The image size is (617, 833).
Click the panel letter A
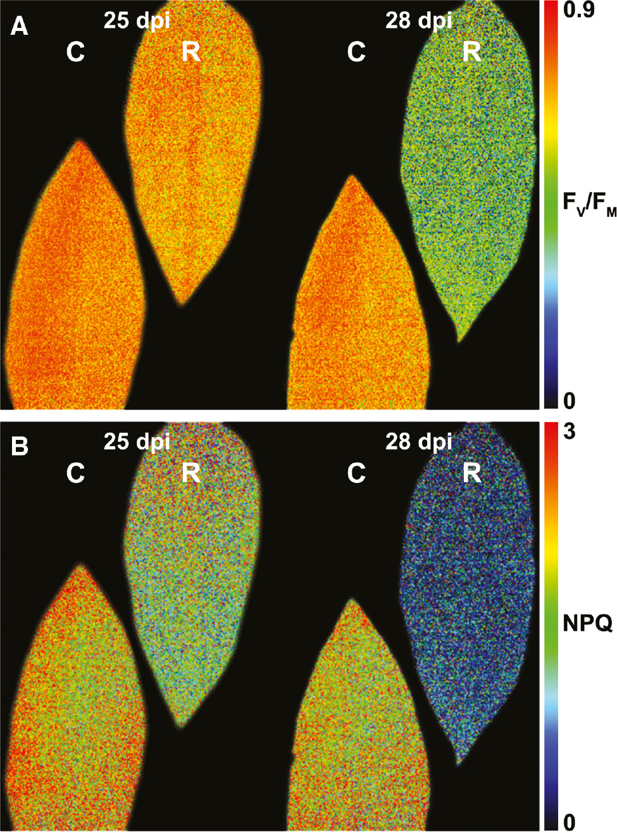(x=20, y=26)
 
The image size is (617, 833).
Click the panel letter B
(x=20, y=446)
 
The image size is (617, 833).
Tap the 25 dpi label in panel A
(x=137, y=21)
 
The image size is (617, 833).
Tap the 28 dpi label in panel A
(x=418, y=21)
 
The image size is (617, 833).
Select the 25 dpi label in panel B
(x=137, y=442)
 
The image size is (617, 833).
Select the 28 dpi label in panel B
(x=418, y=442)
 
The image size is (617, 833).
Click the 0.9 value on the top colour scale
(x=578, y=9)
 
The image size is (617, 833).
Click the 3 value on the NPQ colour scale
(x=570, y=432)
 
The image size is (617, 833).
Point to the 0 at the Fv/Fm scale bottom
(x=570, y=400)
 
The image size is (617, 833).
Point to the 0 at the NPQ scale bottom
(x=570, y=822)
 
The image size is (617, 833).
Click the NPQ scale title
(x=587, y=624)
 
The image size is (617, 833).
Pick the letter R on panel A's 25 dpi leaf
(x=190, y=52)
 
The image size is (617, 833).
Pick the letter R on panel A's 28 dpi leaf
(x=471, y=52)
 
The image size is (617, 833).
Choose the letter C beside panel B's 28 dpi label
(x=356, y=473)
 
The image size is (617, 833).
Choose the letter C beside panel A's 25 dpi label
(x=75, y=52)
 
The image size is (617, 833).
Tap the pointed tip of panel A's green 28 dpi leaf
(x=461, y=340)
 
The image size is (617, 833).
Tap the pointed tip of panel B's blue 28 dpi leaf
(x=461, y=762)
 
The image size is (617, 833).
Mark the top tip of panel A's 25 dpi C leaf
(x=80, y=142)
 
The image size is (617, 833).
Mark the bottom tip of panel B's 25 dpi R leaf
(x=182, y=727)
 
